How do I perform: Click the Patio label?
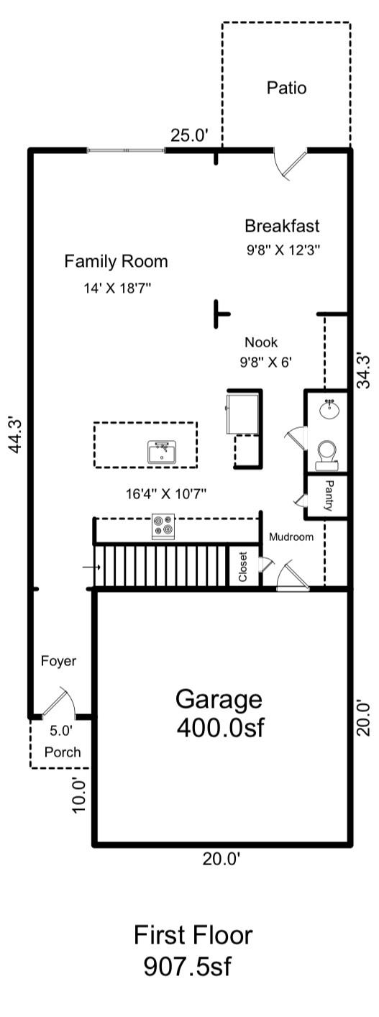click(286, 88)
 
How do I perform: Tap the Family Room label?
click(116, 261)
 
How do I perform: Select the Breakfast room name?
click(282, 226)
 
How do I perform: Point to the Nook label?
click(260, 342)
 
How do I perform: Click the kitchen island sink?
click(162, 453)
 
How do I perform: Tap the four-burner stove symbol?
click(163, 526)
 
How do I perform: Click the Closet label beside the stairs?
click(243, 567)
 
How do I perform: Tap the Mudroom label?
click(291, 537)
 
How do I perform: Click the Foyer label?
click(58, 661)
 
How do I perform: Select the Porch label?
click(62, 752)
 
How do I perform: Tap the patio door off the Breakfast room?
click(289, 163)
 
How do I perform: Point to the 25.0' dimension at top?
click(189, 135)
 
